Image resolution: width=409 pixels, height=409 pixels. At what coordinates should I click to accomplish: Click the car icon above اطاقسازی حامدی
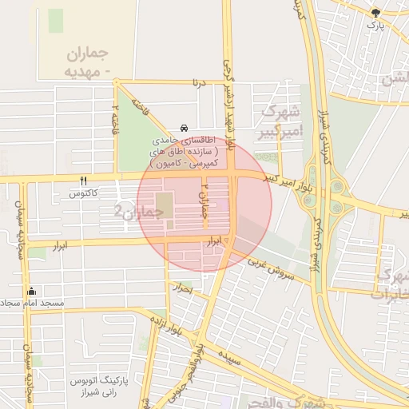point(185,128)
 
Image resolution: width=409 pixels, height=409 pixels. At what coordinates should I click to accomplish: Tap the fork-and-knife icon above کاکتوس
point(84,181)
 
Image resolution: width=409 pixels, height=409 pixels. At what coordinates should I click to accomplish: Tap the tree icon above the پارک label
point(375,13)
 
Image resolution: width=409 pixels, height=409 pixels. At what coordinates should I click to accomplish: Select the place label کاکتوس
point(84,193)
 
